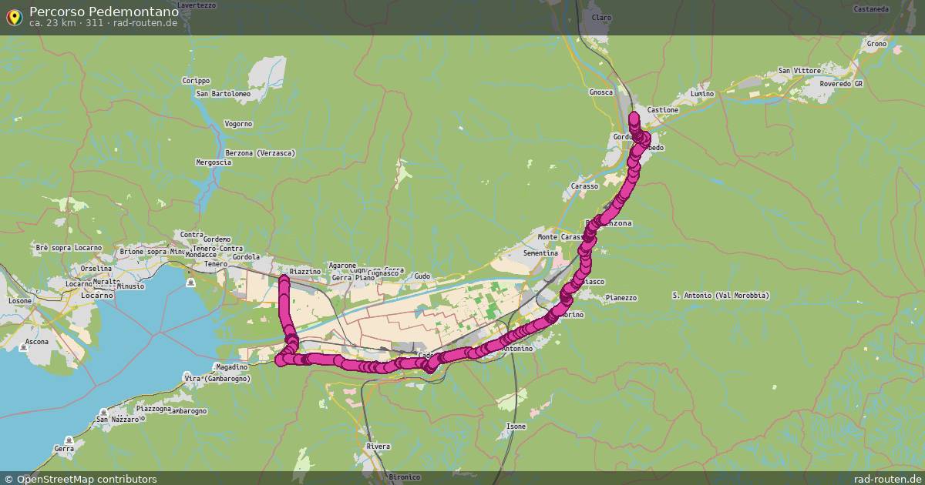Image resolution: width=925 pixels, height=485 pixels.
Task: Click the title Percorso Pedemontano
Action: (104, 12)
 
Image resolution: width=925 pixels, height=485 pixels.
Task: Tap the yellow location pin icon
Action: (14, 16)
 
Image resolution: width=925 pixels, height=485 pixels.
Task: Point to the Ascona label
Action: (36, 341)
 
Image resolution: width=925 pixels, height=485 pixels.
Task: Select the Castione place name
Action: (663, 110)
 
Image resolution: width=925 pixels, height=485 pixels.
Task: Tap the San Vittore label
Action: (799, 71)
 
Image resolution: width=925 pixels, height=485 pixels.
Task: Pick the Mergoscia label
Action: (214, 162)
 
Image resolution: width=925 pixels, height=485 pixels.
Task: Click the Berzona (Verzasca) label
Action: (261, 153)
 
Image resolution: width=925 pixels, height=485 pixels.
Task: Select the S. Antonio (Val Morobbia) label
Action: (721, 296)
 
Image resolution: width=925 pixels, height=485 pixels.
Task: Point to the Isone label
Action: (516, 426)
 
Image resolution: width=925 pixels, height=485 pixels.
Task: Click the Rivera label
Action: (378, 447)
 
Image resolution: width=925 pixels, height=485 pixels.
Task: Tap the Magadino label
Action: (231, 367)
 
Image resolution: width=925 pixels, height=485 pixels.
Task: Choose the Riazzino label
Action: (304, 272)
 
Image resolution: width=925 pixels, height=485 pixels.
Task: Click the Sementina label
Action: (540, 253)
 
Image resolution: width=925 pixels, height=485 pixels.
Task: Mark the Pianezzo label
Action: (621, 298)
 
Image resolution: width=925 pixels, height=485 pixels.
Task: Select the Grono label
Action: (876, 44)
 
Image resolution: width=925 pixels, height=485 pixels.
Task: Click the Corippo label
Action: (196, 80)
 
